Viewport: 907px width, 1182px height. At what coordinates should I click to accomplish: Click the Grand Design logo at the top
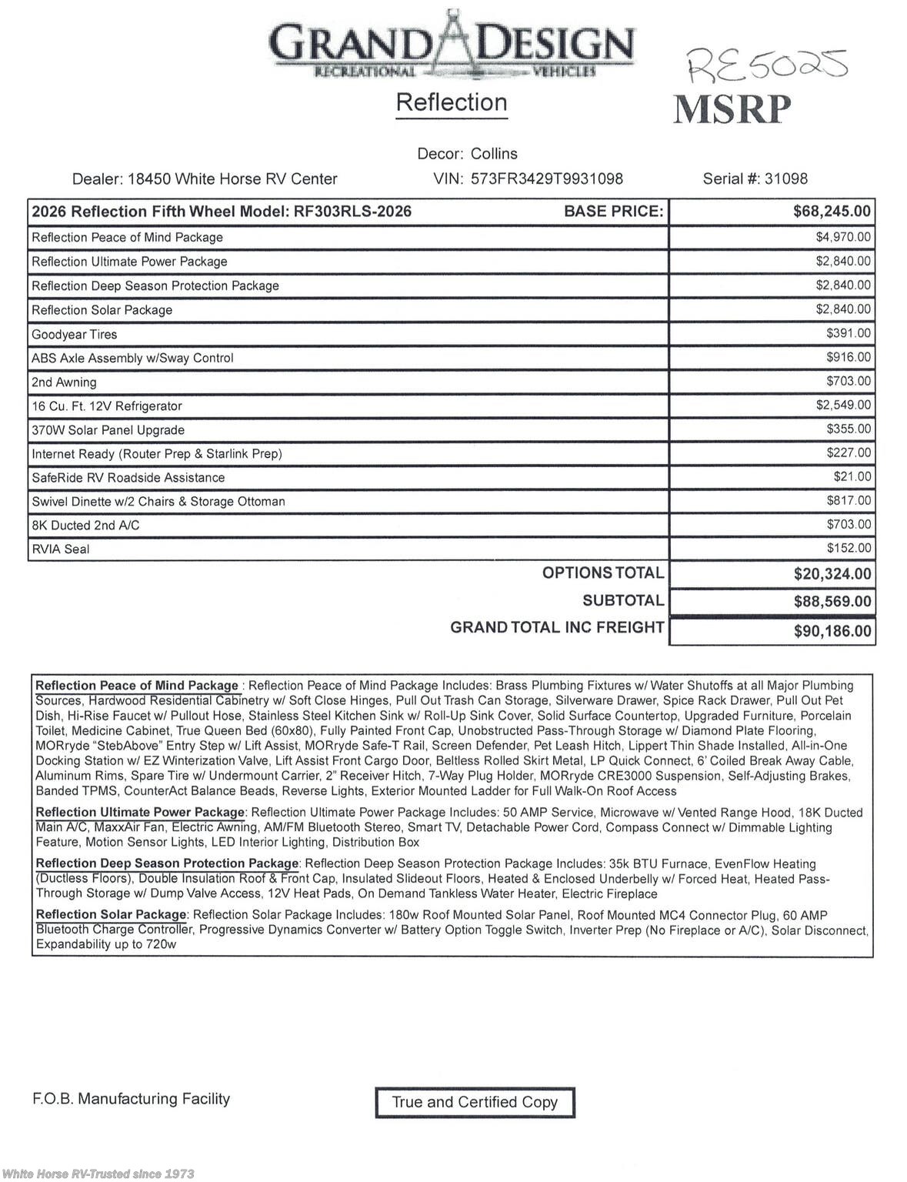click(452, 45)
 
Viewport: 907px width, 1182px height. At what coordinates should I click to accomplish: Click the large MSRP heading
click(732, 109)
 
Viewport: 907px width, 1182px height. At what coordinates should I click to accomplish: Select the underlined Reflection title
click(452, 102)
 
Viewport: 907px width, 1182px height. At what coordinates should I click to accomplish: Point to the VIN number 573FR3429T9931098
click(546, 179)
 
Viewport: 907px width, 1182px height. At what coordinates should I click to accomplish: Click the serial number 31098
click(785, 179)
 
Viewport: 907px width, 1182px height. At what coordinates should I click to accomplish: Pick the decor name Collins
click(494, 154)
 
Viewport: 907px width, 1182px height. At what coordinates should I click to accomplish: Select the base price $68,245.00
click(832, 212)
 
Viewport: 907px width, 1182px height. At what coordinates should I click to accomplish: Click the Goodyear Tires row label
click(75, 335)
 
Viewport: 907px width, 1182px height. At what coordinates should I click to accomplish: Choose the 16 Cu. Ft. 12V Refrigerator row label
click(107, 406)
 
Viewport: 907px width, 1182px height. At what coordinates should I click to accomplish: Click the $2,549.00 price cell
click(843, 405)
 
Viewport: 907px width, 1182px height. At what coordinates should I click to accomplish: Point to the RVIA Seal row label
click(61, 549)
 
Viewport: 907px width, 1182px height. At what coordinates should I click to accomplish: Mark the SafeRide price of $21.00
click(852, 477)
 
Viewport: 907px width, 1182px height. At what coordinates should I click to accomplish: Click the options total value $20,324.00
click(832, 574)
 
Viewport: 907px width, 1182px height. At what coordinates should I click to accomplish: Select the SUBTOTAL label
click(622, 601)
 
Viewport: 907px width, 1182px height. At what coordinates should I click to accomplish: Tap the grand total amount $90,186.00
click(832, 632)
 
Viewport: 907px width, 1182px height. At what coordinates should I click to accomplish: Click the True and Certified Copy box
click(475, 1102)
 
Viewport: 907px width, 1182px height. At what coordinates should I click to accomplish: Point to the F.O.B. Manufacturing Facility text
click(132, 1099)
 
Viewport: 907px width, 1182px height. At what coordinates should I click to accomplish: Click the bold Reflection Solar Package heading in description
click(111, 915)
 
